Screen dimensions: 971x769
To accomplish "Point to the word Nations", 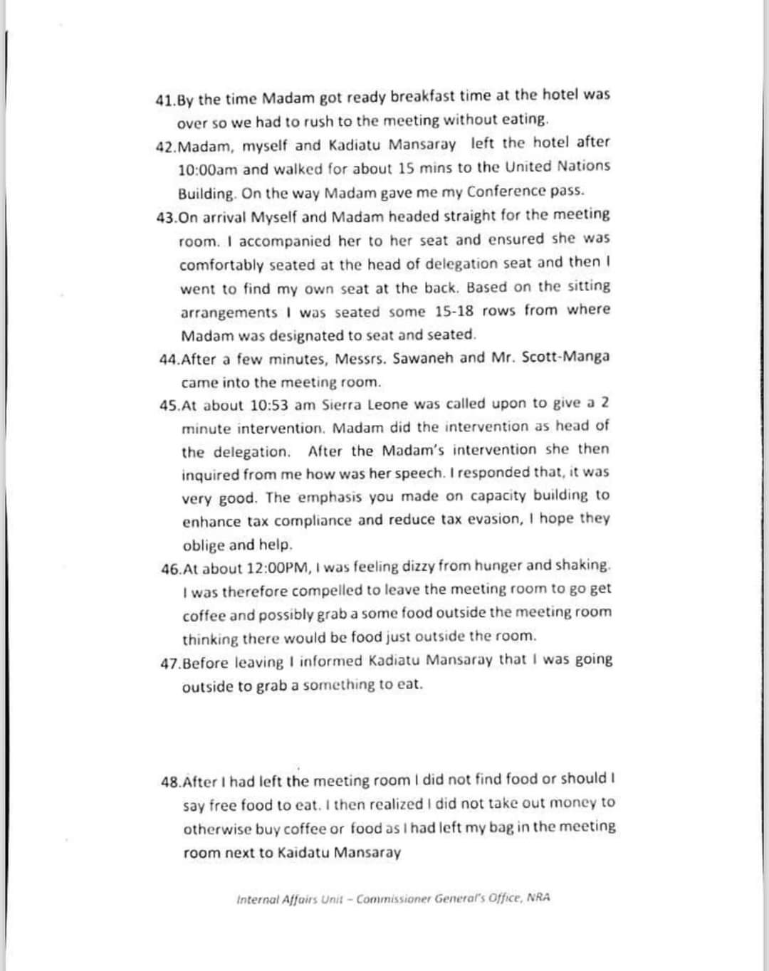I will pyautogui.click(x=582, y=166).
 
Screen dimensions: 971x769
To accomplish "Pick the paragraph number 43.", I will pyautogui.click(x=167, y=218).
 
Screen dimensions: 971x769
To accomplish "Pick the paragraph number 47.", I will pyautogui.click(x=172, y=663).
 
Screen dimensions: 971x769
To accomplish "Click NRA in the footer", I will pyautogui.click(x=539, y=898).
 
